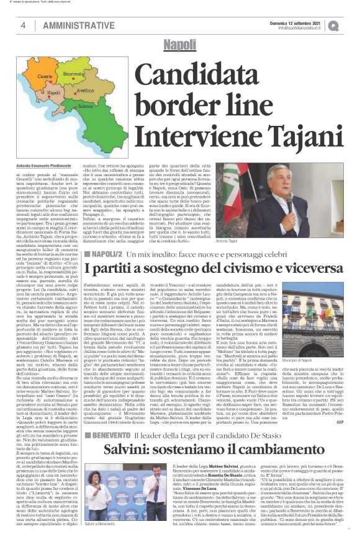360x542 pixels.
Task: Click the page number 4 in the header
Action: [x=24, y=25]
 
